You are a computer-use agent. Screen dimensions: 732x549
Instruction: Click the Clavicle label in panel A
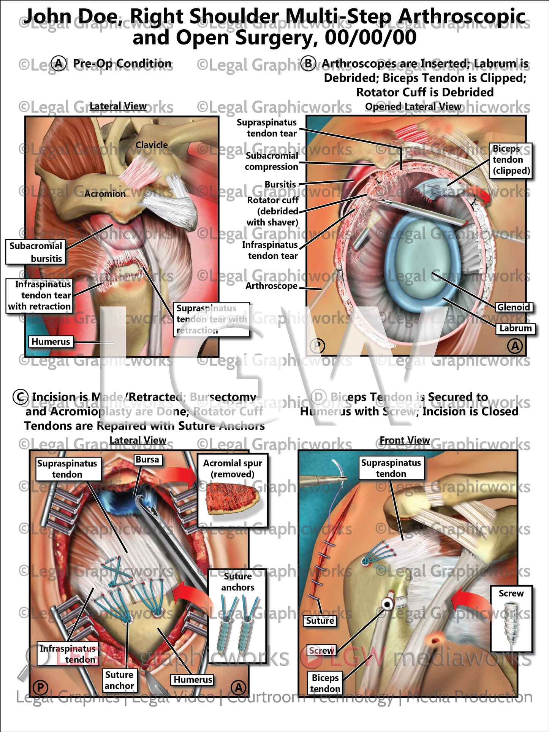(152, 145)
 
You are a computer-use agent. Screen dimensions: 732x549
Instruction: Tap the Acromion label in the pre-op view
(105, 194)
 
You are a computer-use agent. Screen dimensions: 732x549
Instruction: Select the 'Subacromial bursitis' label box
(35, 252)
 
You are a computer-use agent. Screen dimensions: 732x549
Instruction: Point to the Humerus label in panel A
(51, 342)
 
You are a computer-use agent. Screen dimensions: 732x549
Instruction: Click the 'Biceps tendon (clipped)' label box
(510, 160)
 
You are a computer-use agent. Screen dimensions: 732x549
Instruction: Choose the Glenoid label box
(513, 307)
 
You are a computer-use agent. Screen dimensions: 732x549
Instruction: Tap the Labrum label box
(515, 328)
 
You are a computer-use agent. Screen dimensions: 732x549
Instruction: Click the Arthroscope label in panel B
(271, 286)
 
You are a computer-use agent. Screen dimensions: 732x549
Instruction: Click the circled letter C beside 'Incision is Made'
(21, 397)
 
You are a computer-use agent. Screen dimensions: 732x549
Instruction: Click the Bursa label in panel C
(147, 459)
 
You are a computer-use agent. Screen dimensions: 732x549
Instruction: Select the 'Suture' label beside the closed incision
(320, 621)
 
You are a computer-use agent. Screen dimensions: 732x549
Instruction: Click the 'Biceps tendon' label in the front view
(325, 683)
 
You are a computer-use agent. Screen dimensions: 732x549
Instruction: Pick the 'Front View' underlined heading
(405, 440)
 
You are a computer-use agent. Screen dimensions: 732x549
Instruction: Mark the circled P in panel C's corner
(40, 687)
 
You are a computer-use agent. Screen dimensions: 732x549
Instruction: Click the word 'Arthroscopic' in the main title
(462, 17)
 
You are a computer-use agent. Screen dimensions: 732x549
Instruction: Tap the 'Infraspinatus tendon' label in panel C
(67, 654)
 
